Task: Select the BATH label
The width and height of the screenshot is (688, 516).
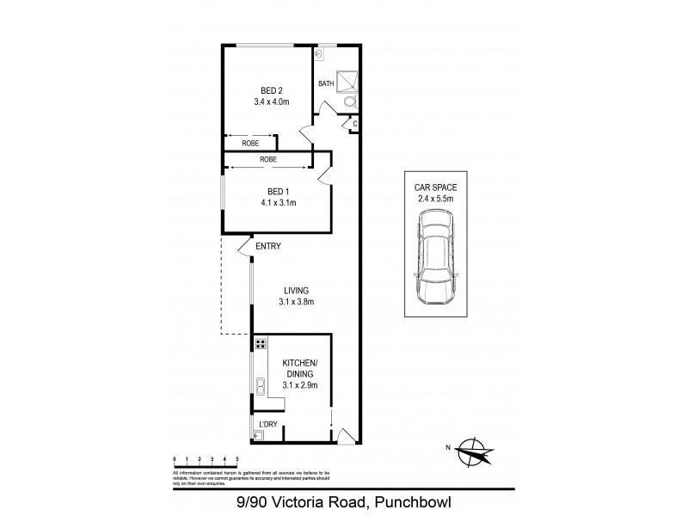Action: tap(326, 83)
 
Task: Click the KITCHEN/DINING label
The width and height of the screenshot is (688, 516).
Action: tap(300, 368)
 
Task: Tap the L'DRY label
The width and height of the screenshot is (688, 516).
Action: tap(267, 424)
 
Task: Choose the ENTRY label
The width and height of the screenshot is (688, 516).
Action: tap(267, 247)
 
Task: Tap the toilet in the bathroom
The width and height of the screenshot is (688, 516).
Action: tap(349, 101)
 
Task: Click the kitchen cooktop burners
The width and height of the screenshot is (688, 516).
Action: tap(259, 346)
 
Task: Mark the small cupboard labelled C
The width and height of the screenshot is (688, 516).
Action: tap(354, 125)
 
